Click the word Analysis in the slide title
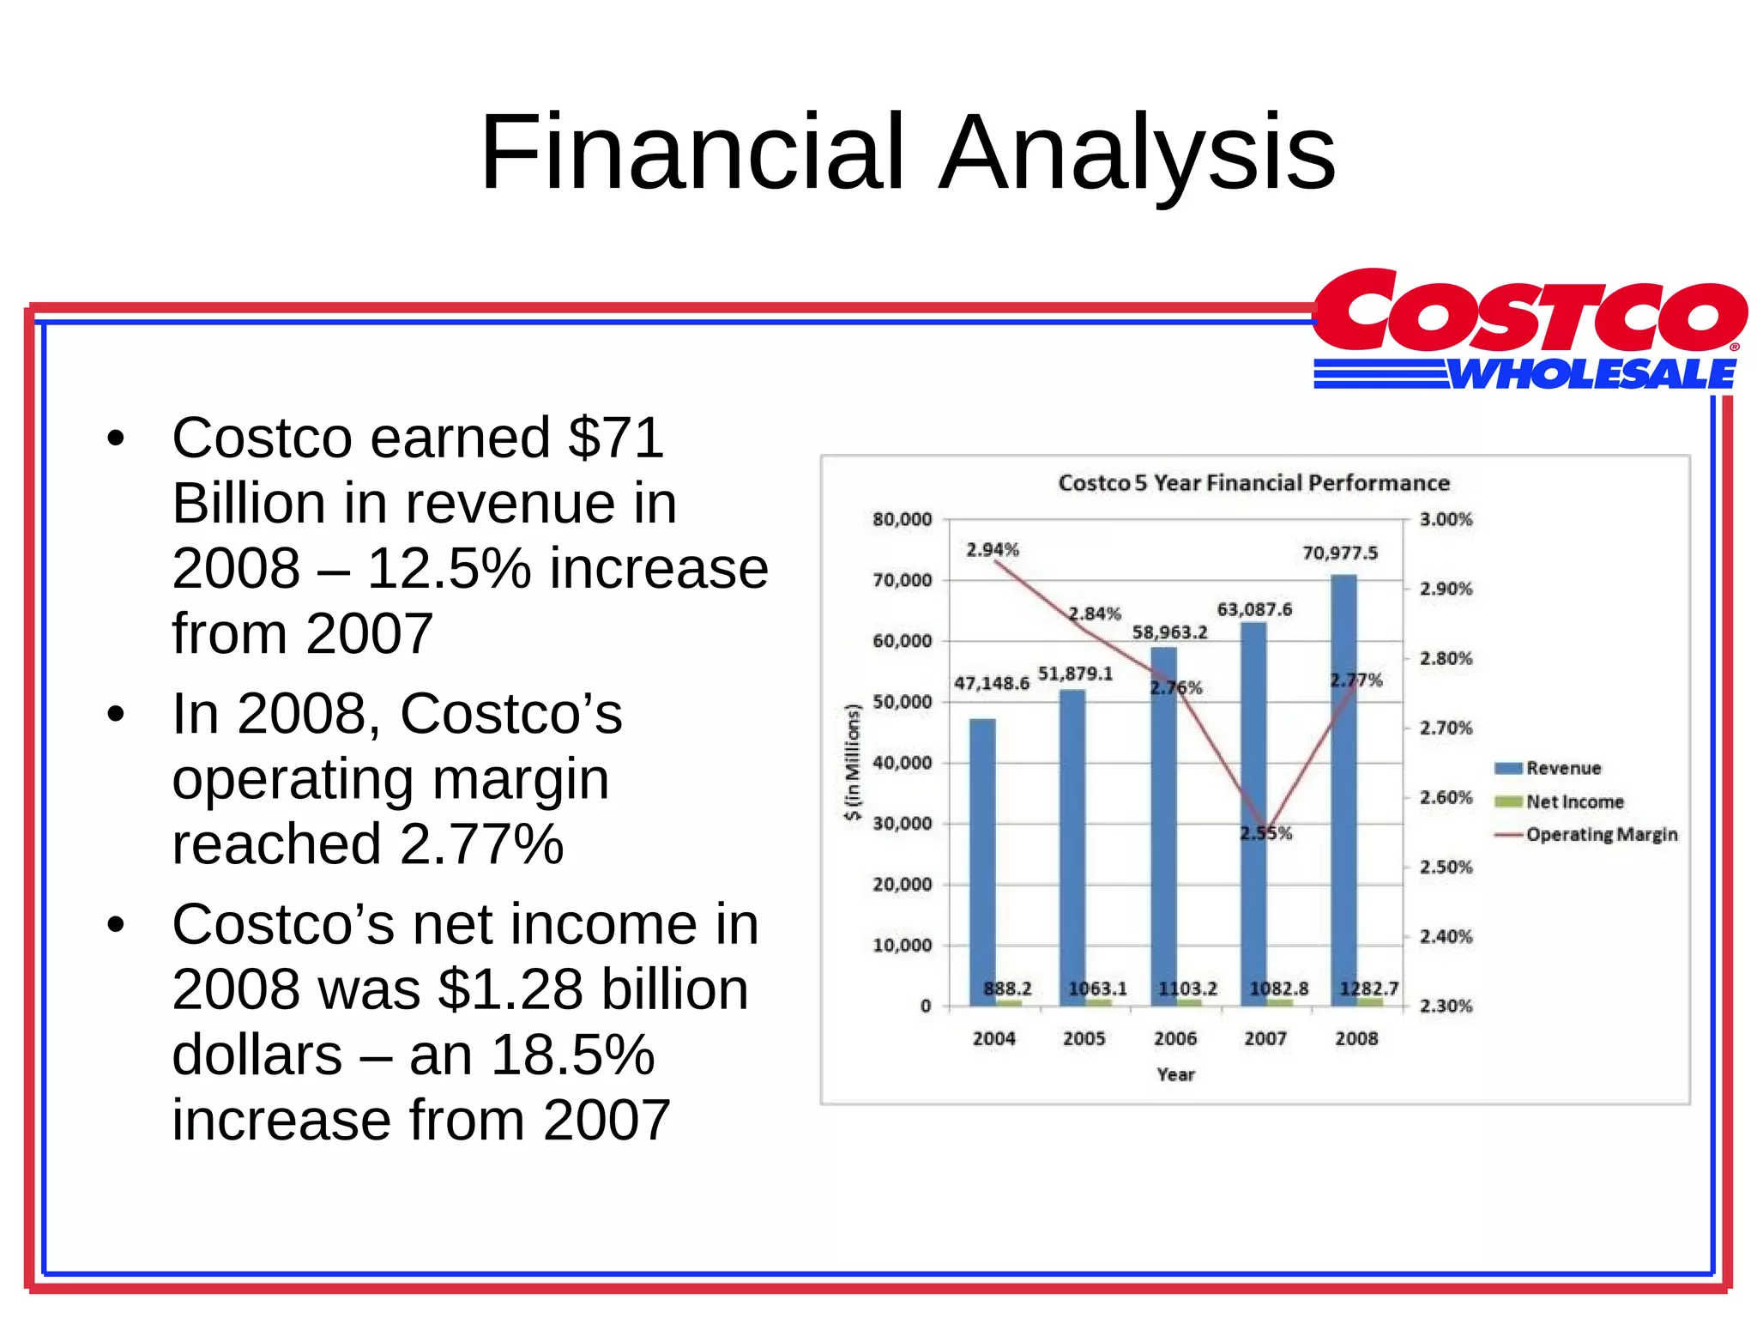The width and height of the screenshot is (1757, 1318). pos(1137,153)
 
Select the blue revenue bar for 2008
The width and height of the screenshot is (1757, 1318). pos(1343,789)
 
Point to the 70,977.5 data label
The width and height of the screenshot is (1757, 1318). pos(1340,553)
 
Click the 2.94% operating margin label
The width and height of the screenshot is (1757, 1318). pos(993,549)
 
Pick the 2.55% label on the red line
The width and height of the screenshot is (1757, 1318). pos(1265,833)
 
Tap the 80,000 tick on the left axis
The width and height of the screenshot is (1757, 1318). pos(902,519)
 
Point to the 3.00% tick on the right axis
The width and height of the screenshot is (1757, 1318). pos(1446,519)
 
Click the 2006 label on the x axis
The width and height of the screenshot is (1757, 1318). pos(1174,1038)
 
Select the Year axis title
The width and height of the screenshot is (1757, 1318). pos(1175,1074)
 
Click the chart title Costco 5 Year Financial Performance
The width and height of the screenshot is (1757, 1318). pos(1253,483)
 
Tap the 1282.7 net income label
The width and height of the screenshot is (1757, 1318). pos(1369,988)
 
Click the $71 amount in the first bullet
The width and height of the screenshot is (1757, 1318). pos(615,438)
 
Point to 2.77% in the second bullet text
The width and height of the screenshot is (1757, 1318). pos(481,843)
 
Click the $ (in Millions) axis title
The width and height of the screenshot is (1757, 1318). pos(852,762)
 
